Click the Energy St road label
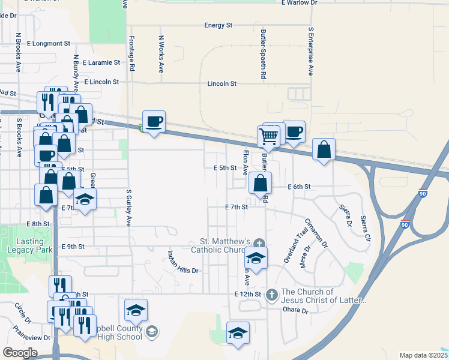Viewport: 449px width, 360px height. pos(218,25)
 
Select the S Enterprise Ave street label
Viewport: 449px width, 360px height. pos(310,51)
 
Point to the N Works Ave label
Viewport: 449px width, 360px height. pos(161,54)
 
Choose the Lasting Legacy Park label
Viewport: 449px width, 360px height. pos(25,245)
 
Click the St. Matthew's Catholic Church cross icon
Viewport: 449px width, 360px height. pos(259,244)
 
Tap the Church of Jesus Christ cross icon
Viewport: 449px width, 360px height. pos(271,294)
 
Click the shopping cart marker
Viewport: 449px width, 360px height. pos(268,136)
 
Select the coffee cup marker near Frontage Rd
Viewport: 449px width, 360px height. pos(154,121)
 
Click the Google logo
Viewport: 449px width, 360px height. pos(20,353)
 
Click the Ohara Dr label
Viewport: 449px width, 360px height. pos(295,311)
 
